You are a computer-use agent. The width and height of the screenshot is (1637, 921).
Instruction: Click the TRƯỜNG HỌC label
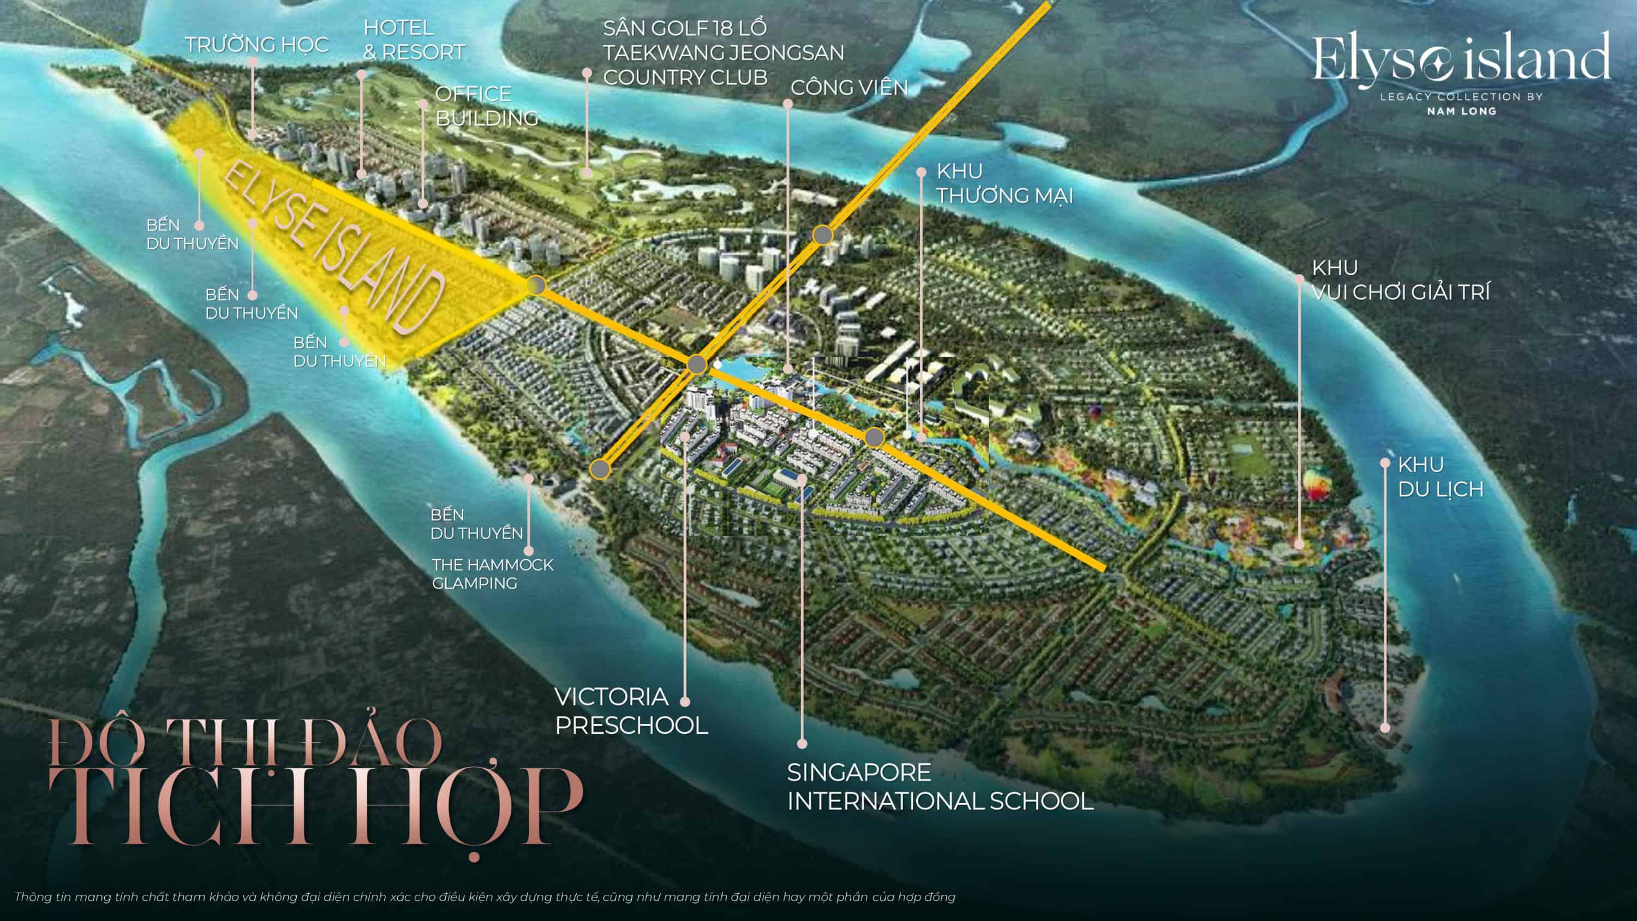[x=256, y=45]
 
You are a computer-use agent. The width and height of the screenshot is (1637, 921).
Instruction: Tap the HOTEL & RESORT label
[x=414, y=40]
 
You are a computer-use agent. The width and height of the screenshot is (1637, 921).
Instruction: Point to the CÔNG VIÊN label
[x=849, y=88]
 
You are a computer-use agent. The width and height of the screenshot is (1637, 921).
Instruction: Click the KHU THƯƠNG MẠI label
[x=1004, y=184]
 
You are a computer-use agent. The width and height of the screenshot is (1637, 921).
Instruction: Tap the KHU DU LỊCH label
[x=1439, y=477]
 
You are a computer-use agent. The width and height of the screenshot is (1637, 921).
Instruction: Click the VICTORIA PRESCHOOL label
[x=630, y=710]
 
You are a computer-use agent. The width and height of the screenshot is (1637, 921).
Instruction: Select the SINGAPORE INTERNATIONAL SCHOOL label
[x=940, y=786]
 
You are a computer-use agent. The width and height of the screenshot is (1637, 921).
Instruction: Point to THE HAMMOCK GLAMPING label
[x=493, y=574]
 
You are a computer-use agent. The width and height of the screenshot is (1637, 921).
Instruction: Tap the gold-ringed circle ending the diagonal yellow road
[x=600, y=470]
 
